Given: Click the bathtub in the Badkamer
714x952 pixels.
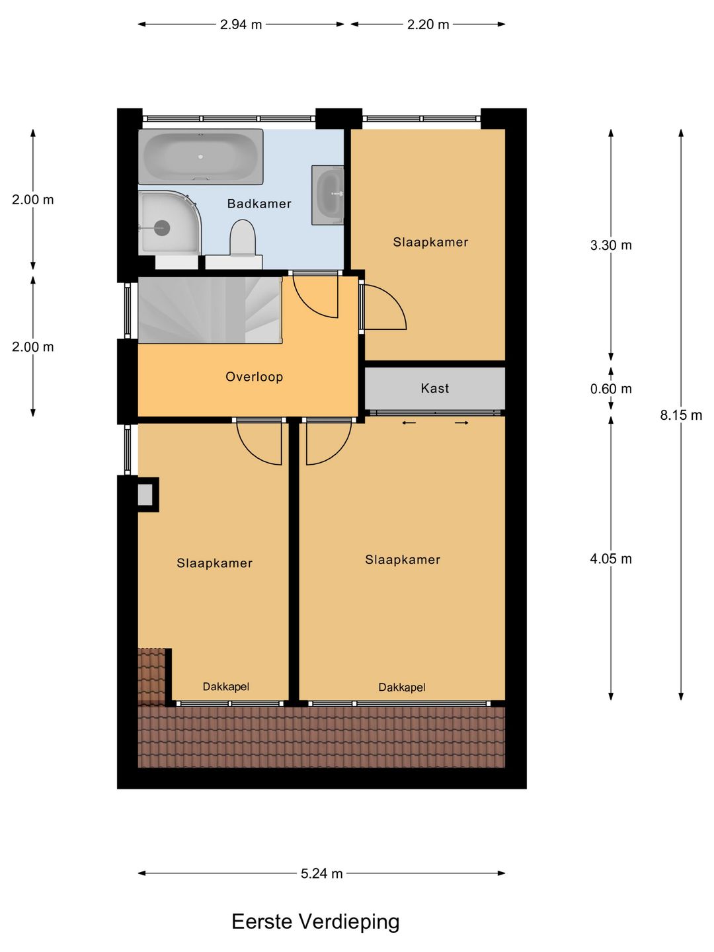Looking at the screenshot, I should coord(200,157).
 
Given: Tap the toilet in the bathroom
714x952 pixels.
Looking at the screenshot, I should coord(243,239).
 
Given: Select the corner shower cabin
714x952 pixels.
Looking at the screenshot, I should coord(168,223).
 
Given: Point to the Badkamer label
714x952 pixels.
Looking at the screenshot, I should coord(259,204).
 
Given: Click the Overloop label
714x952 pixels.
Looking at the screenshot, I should coord(254,377).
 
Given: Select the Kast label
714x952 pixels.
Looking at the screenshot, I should coord(434,389).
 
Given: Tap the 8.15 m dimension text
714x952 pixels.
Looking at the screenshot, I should coord(681,415).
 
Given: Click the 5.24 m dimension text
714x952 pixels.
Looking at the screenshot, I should coord(322,873).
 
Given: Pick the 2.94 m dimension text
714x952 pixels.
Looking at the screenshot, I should coord(241,24).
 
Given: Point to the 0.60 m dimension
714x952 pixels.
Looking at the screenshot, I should coord(611,389).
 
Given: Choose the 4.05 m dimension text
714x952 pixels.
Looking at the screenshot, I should coord(611,559).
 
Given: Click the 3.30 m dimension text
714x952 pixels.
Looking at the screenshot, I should coord(611,245).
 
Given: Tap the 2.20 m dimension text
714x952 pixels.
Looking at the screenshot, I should coord(428,24).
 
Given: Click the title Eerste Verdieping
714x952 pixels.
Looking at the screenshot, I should coord(315,922).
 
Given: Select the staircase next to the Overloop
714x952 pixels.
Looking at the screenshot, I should coord(210,310).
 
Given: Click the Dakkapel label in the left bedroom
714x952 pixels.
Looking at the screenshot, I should coord(226,687).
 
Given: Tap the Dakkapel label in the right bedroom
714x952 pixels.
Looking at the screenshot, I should coord(402,688).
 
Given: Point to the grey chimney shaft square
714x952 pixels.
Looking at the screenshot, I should coord(145,495).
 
